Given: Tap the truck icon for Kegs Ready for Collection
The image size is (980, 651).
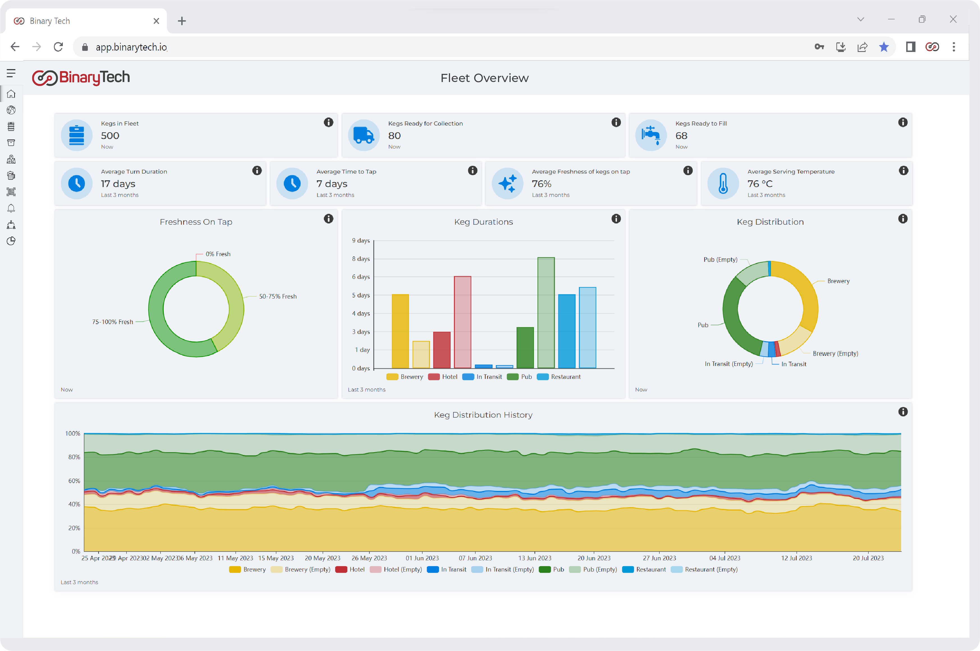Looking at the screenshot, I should [364, 135].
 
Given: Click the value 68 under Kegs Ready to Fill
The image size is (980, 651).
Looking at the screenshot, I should [681, 136].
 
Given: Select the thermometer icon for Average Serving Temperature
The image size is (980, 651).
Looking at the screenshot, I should [723, 183].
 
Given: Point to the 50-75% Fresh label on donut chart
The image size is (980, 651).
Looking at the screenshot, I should [277, 297].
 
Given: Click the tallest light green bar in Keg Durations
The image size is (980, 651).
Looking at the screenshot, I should [546, 312].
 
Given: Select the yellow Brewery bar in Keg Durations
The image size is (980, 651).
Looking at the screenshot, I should [400, 331].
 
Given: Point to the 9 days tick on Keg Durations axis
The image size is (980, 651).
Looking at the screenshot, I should [361, 241].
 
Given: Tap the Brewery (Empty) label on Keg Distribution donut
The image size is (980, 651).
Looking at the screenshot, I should [835, 354].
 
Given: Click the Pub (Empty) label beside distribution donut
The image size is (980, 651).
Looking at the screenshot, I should [720, 260].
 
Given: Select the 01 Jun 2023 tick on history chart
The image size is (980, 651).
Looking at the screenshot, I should [422, 558].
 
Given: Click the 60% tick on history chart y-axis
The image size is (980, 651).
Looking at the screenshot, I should [74, 481].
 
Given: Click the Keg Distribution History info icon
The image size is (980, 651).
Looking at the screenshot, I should [903, 412].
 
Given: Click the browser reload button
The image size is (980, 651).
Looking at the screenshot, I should [58, 47].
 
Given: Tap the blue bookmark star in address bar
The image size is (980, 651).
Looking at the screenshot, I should [884, 47].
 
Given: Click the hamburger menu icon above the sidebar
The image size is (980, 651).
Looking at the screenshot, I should [11, 74].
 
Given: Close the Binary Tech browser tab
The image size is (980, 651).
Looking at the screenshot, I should [156, 21].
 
